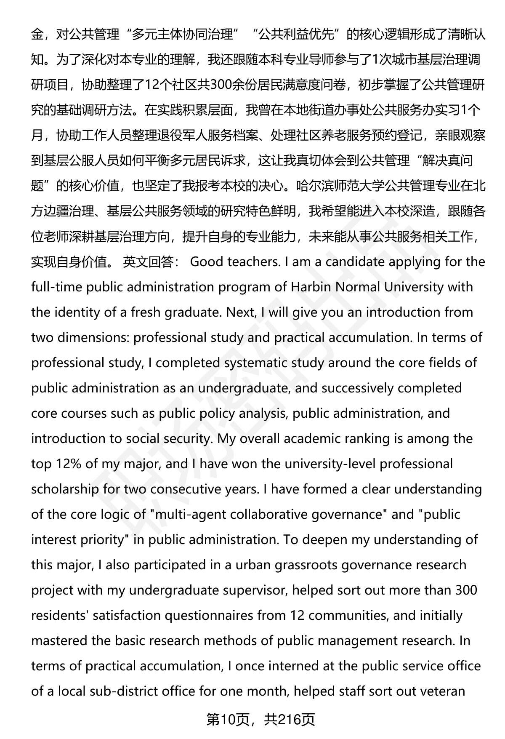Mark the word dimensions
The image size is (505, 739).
click(96, 338)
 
